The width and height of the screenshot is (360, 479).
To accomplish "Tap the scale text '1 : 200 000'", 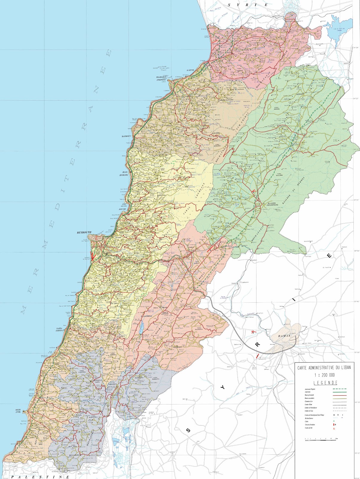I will point(325,375).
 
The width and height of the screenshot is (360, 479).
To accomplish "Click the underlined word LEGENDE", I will point(326,383).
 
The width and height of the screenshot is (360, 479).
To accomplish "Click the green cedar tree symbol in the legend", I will point(334,421).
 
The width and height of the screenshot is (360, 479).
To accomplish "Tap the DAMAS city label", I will point(284,336).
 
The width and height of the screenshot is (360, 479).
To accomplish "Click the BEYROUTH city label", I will point(84,232).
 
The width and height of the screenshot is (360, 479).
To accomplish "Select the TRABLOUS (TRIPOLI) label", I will point(161,78).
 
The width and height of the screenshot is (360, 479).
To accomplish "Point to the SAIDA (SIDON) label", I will point(59,330).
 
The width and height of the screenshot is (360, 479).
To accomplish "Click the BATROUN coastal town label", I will point(126,136).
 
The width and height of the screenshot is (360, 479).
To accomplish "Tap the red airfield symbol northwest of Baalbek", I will point(254,191).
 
